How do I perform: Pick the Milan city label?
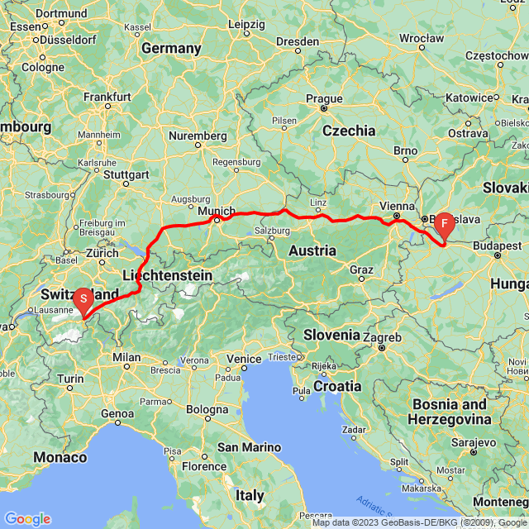[126, 357]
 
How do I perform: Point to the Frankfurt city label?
[107, 97]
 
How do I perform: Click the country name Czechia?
[349, 131]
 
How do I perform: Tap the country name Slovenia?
[331, 335]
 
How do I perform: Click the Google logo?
[27, 519]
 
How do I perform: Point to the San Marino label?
[244, 447]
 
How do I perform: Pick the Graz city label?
[361, 269]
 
